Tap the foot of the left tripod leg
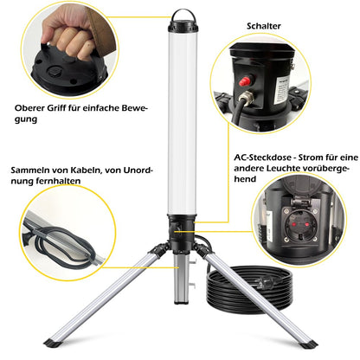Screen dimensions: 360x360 60,341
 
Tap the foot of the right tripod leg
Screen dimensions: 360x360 307,343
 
